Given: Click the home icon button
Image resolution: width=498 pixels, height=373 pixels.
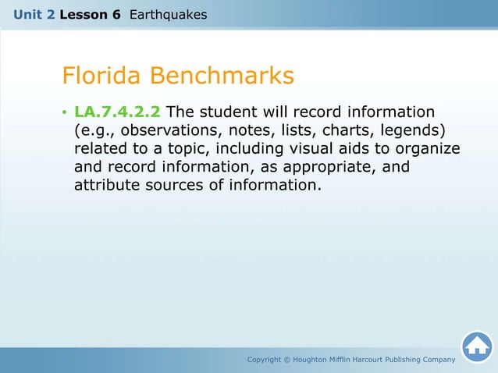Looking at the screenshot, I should [x=476, y=346].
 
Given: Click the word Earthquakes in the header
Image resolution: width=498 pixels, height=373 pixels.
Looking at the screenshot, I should [x=169, y=13].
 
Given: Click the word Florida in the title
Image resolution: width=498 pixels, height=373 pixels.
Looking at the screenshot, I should [x=102, y=76].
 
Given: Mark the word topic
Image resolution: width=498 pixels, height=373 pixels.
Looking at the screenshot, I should [x=163, y=148].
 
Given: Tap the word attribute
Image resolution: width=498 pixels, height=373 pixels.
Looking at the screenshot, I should [x=105, y=186].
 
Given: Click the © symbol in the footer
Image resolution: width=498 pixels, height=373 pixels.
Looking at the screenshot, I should [x=286, y=359].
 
